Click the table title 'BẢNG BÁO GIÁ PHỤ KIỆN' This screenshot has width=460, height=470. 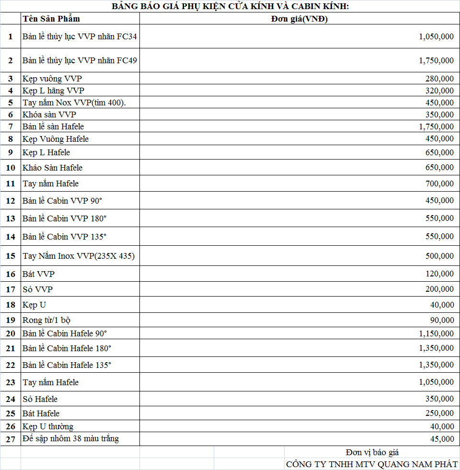coord(230,6)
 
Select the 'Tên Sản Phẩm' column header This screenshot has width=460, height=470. coord(51,19)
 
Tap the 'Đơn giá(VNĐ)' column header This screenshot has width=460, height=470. coord(299,19)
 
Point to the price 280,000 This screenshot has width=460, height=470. coord(439,79)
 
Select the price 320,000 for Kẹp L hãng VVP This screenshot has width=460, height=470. coord(439,91)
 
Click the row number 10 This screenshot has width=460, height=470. coord(11,168)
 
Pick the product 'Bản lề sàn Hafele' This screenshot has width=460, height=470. coord(53,126)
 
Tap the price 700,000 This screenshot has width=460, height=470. coord(439,183)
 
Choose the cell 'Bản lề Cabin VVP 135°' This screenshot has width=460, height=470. coord(64,236)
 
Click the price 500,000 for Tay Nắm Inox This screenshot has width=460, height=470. coord(439,256)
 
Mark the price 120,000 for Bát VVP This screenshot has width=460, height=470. coord(439,274)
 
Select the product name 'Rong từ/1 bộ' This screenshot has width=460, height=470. coord(46,320)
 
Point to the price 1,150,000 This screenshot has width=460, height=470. coord(436,333)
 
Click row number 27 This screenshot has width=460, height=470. coord(11,439)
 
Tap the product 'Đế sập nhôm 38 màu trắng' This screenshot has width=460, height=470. coord(70,438)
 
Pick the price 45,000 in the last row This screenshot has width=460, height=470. coord(441,439)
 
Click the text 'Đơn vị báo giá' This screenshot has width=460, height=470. coord(372,452)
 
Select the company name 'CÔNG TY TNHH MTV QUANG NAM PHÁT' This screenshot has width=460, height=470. coord(372,464)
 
